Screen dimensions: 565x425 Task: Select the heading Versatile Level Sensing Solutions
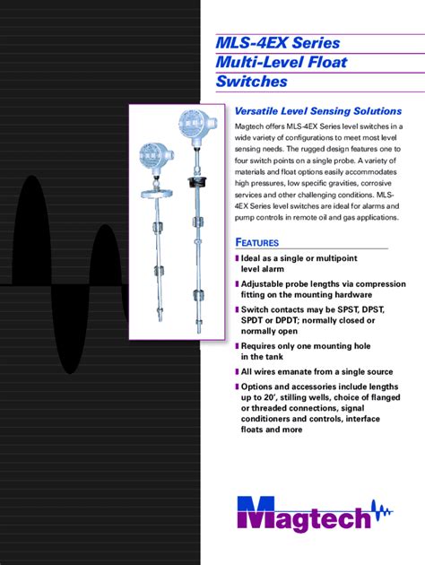tap(317, 110)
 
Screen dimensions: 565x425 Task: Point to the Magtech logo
tap(315, 514)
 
